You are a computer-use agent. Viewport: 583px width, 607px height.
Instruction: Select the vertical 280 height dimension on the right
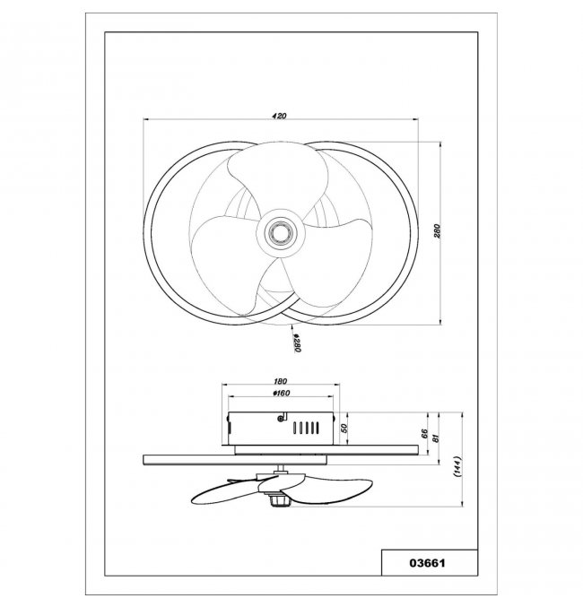point(438,231)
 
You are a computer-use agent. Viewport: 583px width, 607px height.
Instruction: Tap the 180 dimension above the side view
point(280,381)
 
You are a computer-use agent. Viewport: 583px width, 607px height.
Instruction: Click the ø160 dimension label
point(281,394)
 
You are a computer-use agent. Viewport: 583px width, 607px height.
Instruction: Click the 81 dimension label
point(435,438)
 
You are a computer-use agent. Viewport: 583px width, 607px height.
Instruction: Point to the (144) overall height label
point(457,468)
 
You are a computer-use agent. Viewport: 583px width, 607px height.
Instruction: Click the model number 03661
point(427,563)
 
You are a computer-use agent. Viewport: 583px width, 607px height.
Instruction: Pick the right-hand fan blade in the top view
point(327,264)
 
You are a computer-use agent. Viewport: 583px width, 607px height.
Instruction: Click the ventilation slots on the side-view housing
point(306,428)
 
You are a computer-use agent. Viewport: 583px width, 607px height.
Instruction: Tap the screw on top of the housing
point(281,418)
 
